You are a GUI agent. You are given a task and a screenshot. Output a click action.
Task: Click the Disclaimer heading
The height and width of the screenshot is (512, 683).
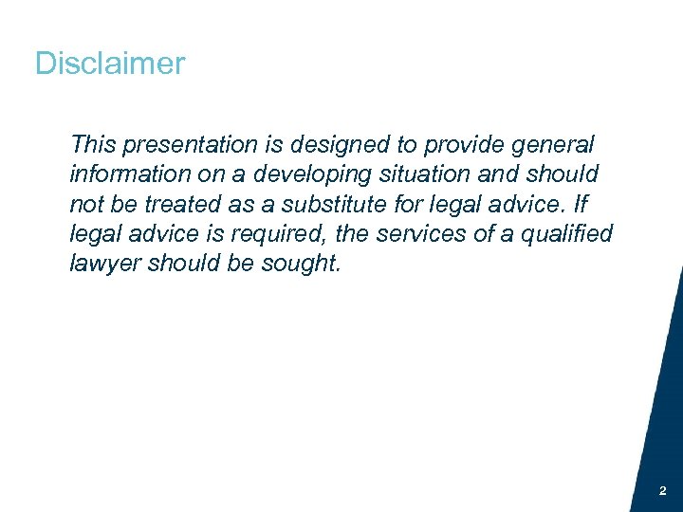[110, 64]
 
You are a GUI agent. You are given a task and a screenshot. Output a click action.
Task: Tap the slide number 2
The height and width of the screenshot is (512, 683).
[662, 491]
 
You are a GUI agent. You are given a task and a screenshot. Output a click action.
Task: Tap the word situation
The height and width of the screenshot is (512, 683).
[415, 174]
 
